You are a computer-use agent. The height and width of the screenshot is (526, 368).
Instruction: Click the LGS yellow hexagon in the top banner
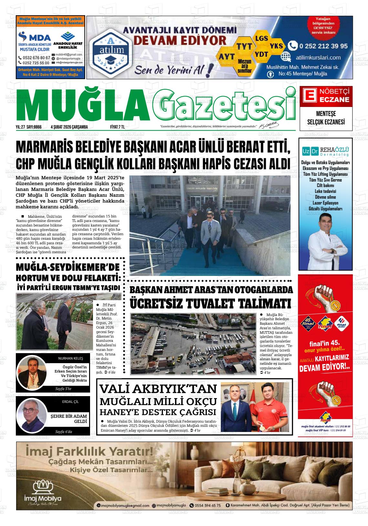[261, 38]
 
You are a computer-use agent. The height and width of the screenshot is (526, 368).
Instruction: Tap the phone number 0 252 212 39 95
[323, 46]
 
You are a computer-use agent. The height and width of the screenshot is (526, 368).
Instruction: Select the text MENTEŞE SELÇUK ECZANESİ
[325, 118]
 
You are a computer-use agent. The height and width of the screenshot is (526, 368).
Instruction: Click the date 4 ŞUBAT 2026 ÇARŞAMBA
[69, 127]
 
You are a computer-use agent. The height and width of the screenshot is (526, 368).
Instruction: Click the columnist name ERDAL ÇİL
[70, 402]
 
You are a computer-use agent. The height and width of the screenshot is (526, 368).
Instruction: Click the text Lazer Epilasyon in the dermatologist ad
[325, 203]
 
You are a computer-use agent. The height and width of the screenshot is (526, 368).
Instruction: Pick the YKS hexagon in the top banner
[276, 46]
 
